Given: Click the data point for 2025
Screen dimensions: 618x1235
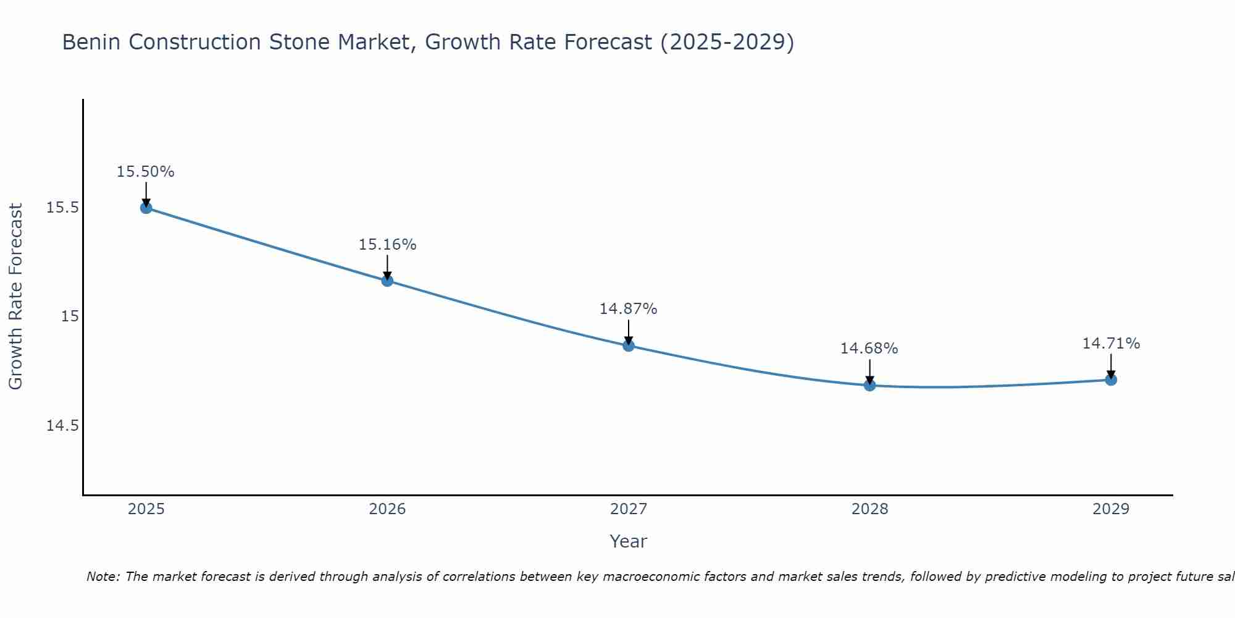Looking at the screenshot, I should [146, 208].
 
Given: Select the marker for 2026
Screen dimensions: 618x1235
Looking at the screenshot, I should [387, 281].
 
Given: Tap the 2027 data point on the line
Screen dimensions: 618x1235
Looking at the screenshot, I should [629, 345].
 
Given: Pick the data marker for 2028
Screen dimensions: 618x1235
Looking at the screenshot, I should [869, 386].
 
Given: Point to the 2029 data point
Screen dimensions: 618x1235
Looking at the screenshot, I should [1111, 379].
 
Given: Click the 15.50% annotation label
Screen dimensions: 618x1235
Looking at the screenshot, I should [146, 172].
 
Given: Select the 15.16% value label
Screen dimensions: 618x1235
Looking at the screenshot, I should [387, 245].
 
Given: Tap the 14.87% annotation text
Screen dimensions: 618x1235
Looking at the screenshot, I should [628, 309].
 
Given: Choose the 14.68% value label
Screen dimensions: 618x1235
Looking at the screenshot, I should [869, 349].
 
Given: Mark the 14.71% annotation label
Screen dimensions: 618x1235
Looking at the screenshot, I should [1111, 344].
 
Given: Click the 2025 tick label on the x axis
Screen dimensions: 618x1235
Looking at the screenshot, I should [146, 509].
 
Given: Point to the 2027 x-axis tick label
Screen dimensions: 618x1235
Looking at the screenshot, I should [629, 509].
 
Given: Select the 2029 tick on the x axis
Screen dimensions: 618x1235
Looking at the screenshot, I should [1111, 509].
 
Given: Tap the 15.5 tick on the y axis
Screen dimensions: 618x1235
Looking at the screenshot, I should [62, 208].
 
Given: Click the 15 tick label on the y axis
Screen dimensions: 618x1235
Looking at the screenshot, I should [70, 316].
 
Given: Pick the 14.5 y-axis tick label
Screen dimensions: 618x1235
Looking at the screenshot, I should [62, 426].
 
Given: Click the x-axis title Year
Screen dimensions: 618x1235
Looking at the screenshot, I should [628, 541].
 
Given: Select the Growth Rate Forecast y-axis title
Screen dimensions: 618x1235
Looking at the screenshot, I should [16, 297].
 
